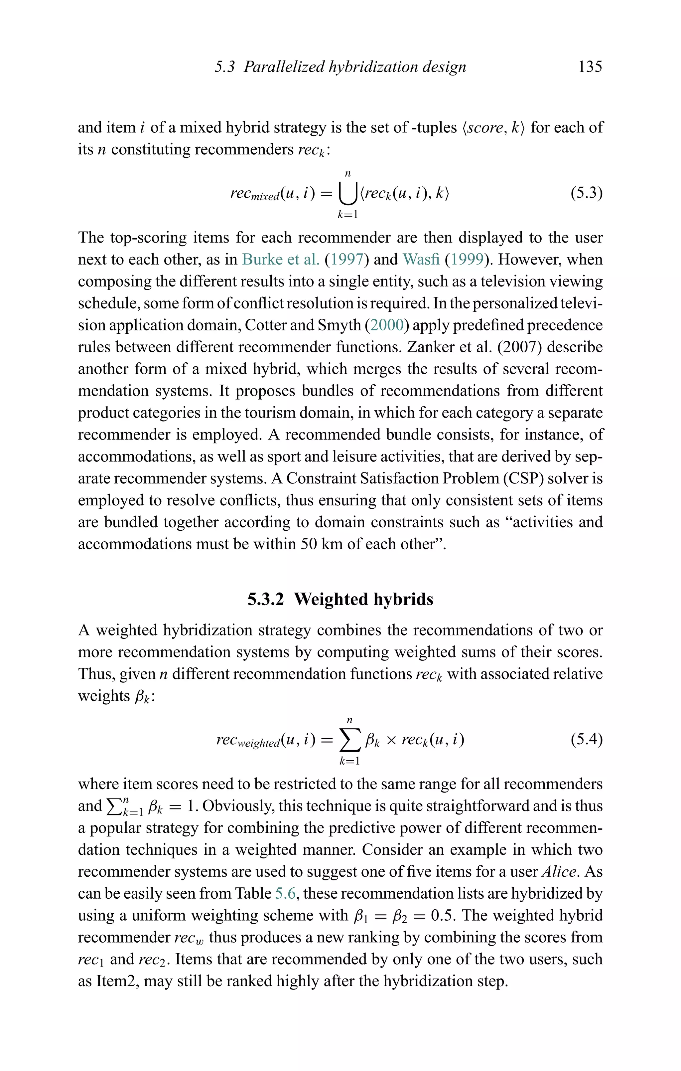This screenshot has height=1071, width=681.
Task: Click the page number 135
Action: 590,67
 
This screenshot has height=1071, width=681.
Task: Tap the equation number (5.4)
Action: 586,739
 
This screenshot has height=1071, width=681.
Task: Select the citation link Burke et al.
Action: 281,259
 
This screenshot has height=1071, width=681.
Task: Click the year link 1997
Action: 347,259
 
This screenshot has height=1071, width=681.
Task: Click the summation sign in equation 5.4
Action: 349,740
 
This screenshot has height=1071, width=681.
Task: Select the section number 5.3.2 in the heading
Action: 265,599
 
